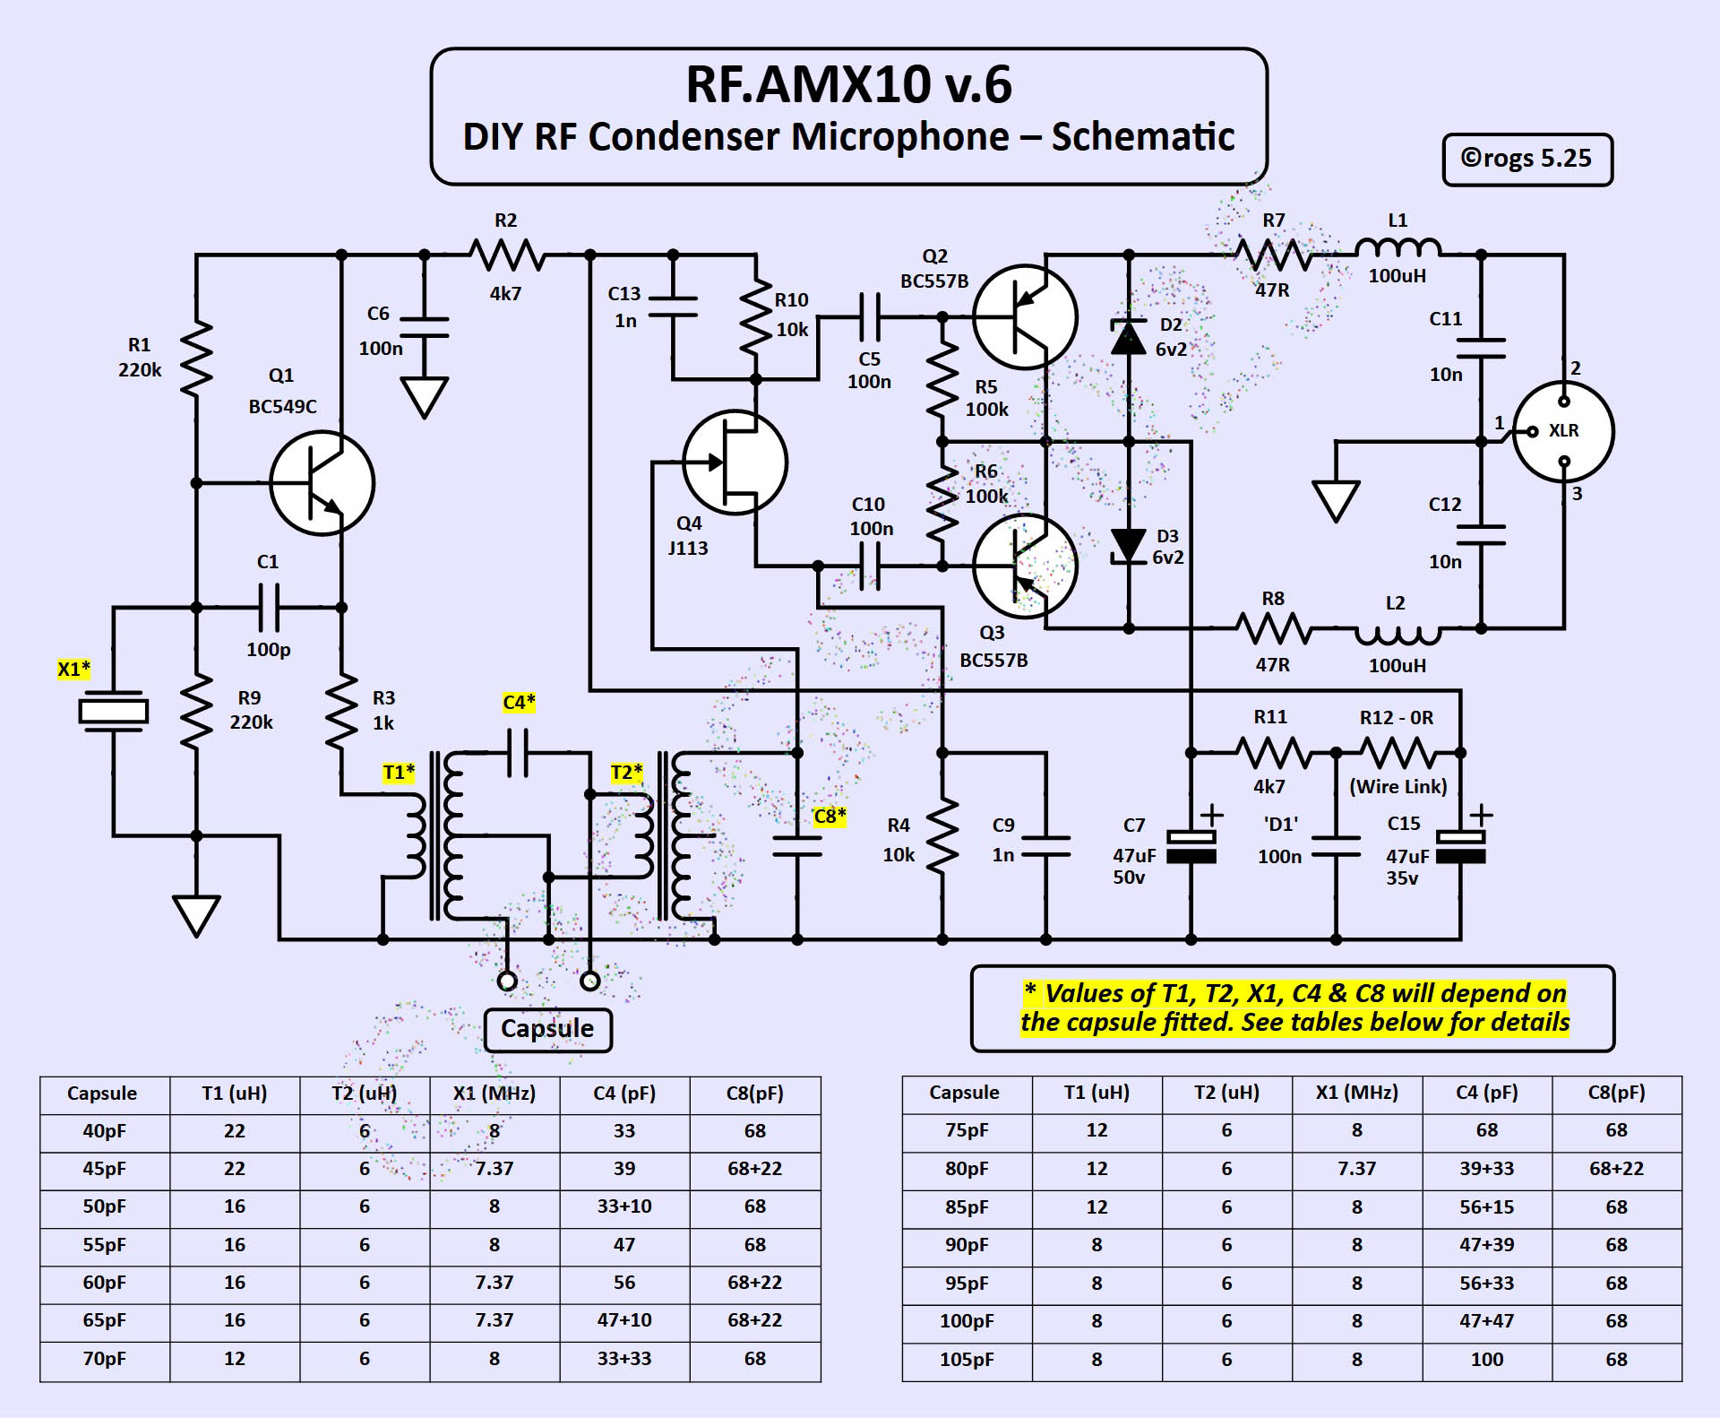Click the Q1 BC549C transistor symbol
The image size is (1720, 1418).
322,483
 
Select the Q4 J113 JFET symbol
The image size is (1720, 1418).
735,463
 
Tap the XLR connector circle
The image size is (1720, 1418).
1563,432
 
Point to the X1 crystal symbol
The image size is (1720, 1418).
113,711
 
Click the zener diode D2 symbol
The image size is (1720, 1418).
1128,337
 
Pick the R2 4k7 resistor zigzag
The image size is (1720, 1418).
507,255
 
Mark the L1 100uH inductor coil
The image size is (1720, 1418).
1397,249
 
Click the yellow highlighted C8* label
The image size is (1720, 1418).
830,817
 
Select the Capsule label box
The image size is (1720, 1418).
547,1029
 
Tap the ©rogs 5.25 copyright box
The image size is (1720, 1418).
1526,160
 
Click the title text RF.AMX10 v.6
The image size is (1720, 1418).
848,85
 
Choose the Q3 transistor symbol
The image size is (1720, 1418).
1025,566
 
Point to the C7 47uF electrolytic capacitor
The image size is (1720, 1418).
1191,846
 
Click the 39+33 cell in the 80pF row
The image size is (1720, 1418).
1486,1169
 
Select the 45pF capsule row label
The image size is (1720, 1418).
104,1169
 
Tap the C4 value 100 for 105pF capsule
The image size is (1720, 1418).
1486,1359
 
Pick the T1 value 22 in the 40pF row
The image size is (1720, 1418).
235,1131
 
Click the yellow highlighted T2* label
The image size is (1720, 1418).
626,773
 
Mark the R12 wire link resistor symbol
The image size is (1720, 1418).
1397,753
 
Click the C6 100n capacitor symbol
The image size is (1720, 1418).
424,327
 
